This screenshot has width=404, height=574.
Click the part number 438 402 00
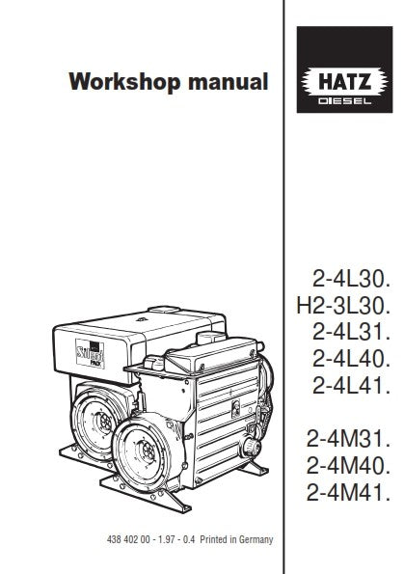click(x=120, y=543)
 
